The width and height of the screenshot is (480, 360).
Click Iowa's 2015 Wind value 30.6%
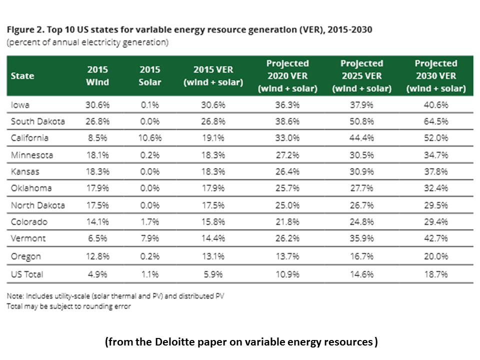click(97, 105)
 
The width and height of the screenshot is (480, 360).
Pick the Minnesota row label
click(32, 155)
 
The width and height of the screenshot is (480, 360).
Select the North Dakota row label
click(37, 205)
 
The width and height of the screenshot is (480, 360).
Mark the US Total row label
click(27, 274)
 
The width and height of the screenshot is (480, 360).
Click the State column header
click(22, 76)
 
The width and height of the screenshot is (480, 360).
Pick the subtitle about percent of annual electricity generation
click(87, 42)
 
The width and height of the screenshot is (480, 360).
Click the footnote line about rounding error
click(68, 306)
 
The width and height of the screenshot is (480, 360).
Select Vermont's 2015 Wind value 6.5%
click(97, 239)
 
